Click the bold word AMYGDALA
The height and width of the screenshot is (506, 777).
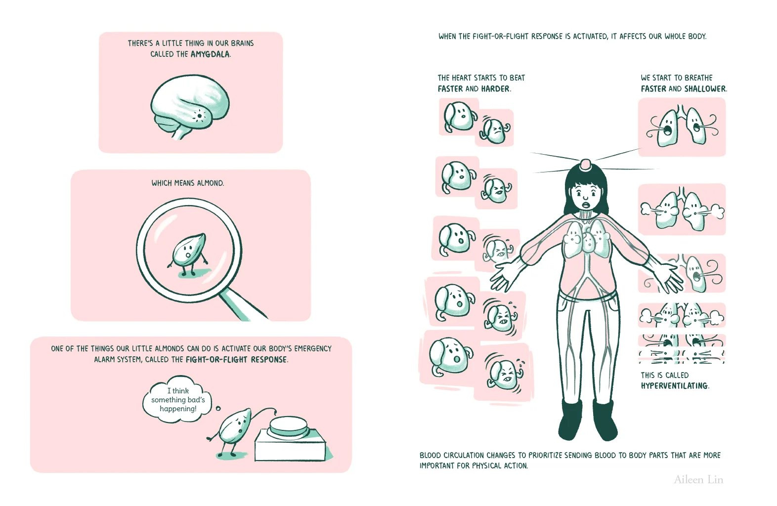click(x=210, y=54)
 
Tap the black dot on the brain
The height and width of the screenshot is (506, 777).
click(x=199, y=116)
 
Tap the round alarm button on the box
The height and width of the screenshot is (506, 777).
click(x=289, y=426)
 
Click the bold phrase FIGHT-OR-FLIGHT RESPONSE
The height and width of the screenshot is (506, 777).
click(x=237, y=360)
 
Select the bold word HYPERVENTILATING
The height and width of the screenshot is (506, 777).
click(x=675, y=386)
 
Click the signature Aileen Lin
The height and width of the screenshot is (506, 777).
click(x=698, y=480)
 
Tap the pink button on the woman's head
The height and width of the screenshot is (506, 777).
click(x=586, y=165)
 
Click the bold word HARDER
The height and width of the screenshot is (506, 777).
click(x=495, y=89)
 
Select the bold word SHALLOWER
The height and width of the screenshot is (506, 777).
click(x=705, y=89)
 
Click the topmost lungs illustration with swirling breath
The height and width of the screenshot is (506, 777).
click(x=682, y=126)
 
